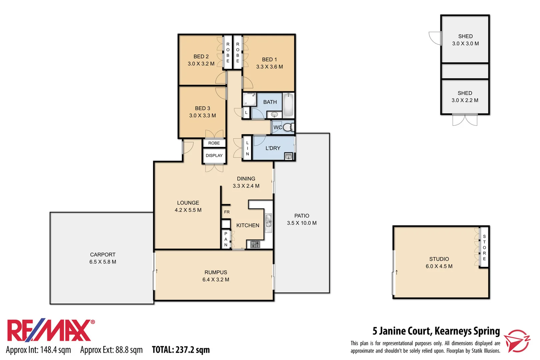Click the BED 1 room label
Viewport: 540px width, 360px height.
click(x=269, y=60)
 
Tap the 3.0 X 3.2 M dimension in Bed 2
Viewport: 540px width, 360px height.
click(x=201, y=64)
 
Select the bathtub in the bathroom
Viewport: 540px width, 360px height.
click(x=288, y=105)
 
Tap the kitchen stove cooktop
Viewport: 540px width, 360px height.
click(x=255, y=244)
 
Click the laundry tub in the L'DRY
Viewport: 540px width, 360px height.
click(x=288, y=156)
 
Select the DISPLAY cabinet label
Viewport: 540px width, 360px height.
click(x=214, y=156)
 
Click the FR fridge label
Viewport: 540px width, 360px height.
click(x=227, y=212)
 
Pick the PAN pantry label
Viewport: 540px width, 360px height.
click(x=226, y=239)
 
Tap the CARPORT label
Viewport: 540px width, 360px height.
click(x=103, y=255)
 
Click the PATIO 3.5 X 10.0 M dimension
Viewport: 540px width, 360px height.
click(x=302, y=223)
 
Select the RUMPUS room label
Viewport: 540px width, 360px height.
click(x=216, y=272)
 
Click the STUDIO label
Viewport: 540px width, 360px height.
click(x=439, y=259)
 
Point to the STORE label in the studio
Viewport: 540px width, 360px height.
click(x=484, y=248)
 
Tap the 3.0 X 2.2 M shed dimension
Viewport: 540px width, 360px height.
click(x=465, y=100)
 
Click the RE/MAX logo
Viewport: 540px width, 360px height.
click(x=50, y=331)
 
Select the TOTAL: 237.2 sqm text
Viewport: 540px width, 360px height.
click(x=181, y=350)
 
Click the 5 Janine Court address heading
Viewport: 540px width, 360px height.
click(x=436, y=331)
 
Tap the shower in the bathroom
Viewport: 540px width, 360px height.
click(x=249, y=99)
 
